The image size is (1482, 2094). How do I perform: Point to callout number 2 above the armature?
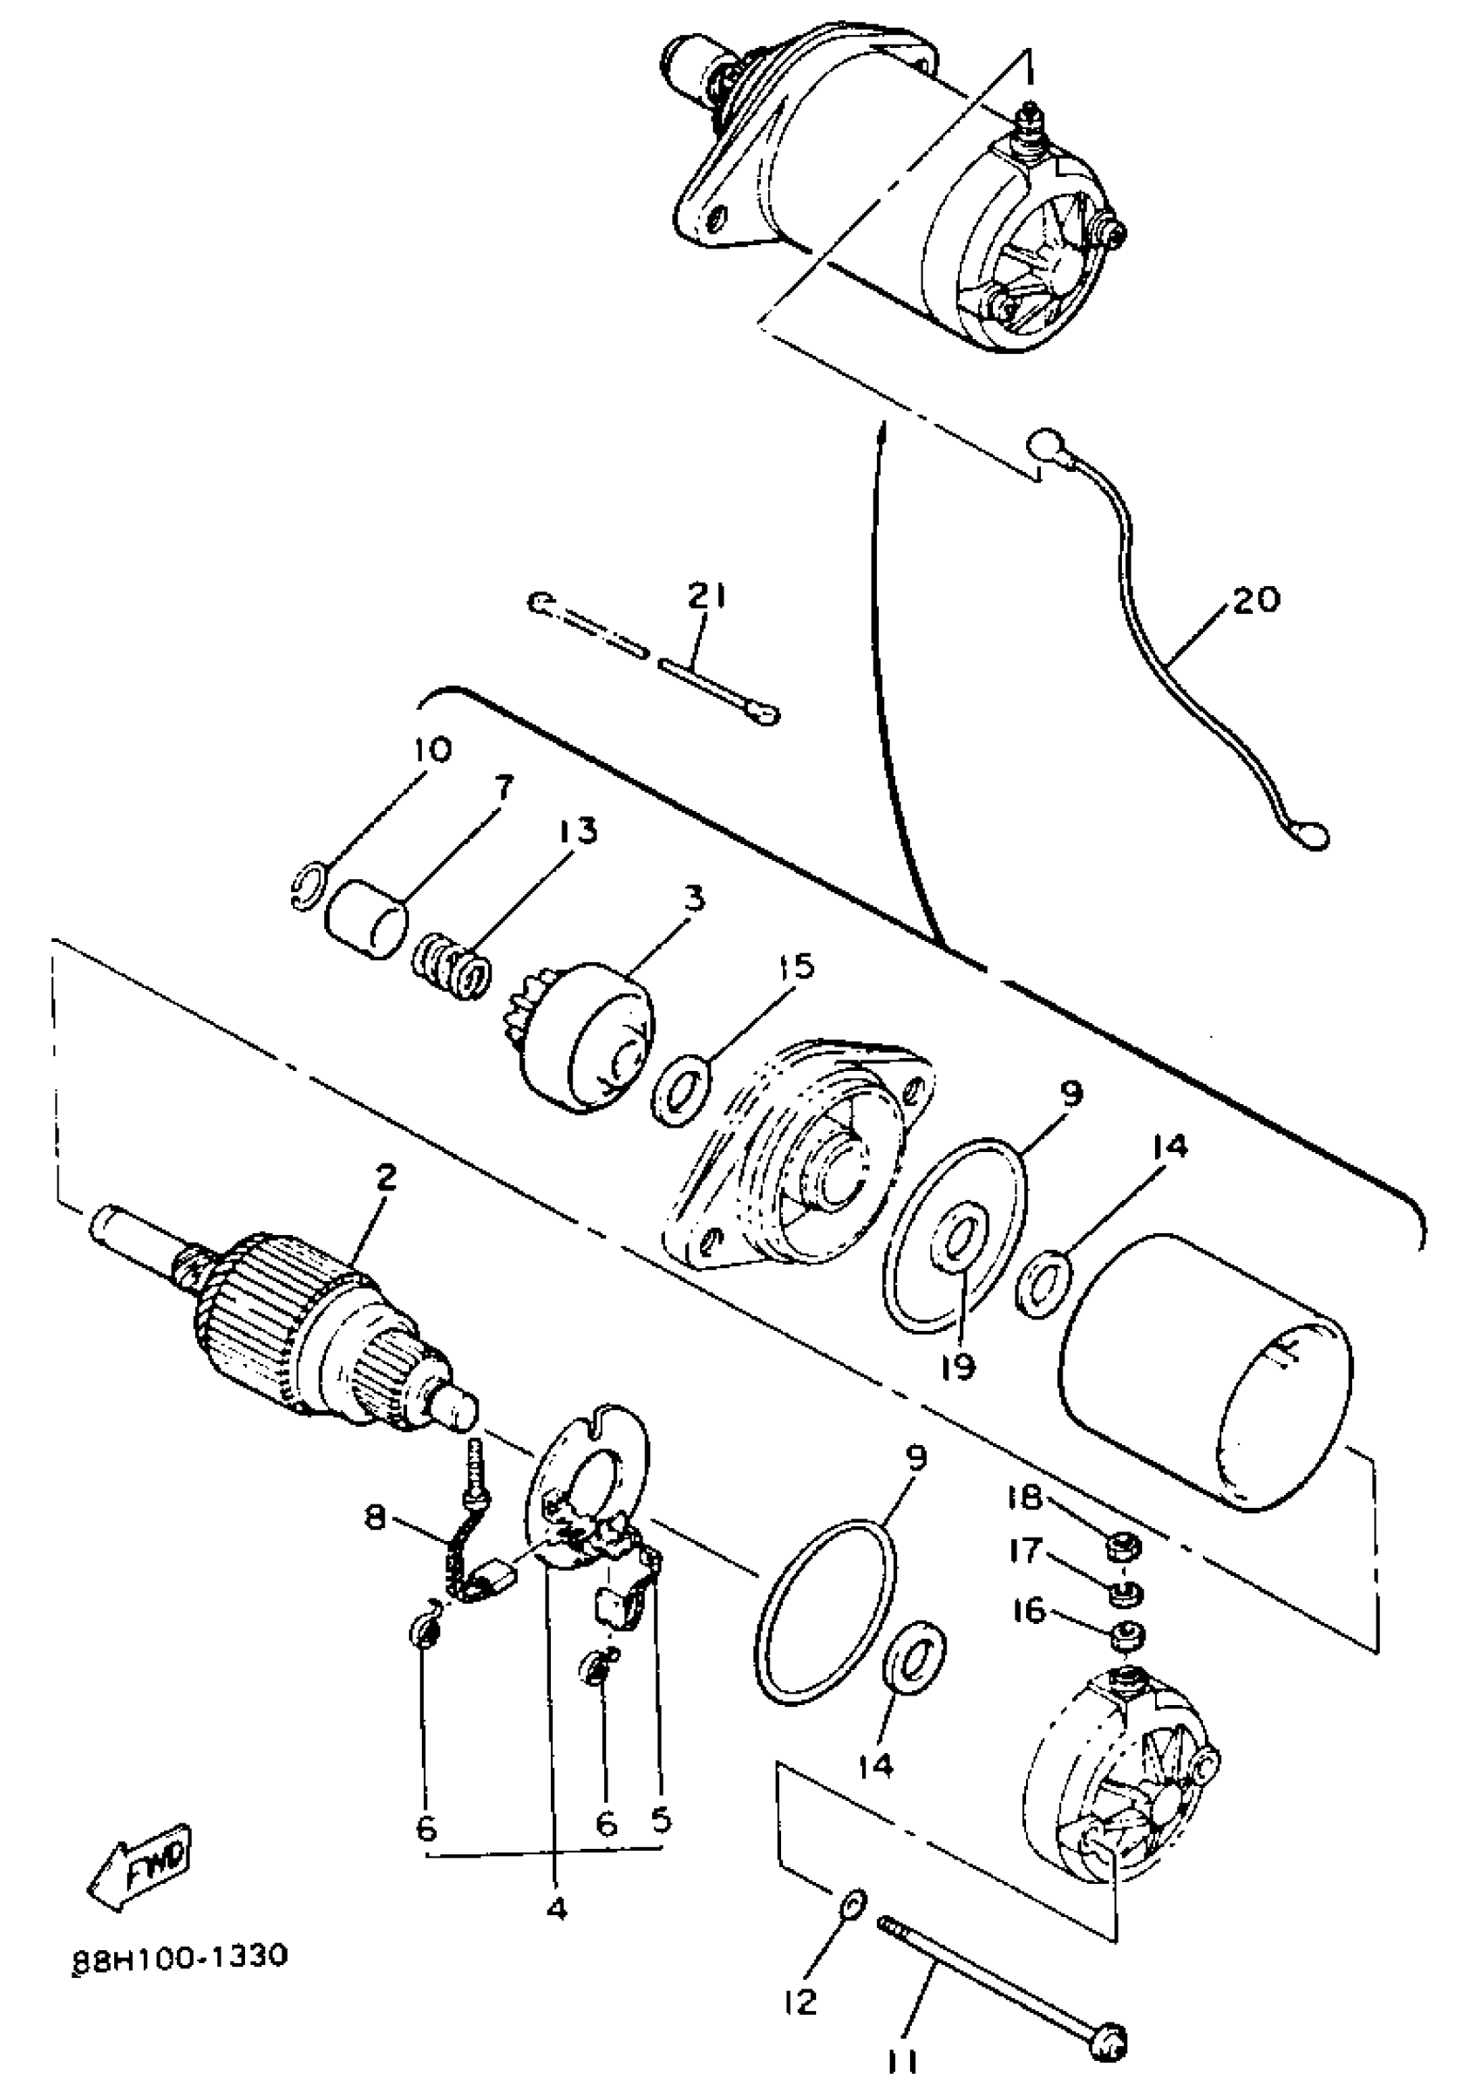tap(387, 1177)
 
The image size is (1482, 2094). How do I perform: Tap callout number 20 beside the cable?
tap(1256, 599)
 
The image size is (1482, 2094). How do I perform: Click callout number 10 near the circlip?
tap(432, 750)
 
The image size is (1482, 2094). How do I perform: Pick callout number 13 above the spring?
tap(577, 831)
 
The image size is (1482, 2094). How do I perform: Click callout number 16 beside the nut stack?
tap(1029, 1610)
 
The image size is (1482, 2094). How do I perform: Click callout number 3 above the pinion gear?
tap(696, 899)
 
